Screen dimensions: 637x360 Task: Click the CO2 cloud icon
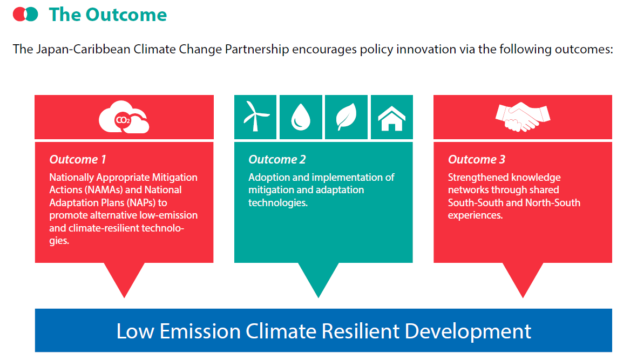click(x=124, y=117)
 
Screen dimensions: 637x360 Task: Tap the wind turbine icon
click(x=255, y=117)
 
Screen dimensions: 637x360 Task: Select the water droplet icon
click(x=301, y=117)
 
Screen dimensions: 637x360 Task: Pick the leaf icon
click(x=346, y=117)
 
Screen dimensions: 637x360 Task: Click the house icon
click(x=391, y=118)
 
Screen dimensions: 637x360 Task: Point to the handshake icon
click(x=523, y=117)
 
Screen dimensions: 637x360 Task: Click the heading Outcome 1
click(x=78, y=159)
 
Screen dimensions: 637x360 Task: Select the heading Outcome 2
click(x=277, y=159)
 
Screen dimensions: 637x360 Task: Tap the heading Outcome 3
click(x=477, y=159)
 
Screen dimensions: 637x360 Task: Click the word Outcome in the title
click(x=126, y=15)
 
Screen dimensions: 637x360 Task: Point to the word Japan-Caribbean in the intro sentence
click(x=83, y=50)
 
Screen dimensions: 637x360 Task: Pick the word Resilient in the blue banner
click(x=361, y=331)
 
